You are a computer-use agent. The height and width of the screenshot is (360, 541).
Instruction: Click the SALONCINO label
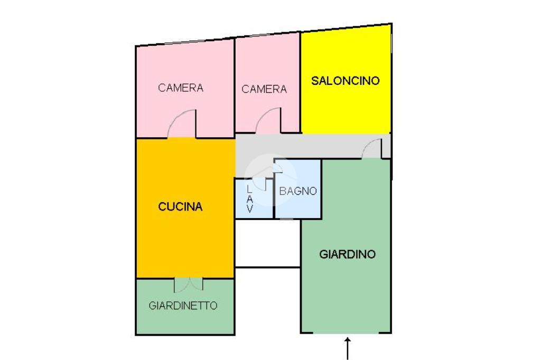click(x=346, y=81)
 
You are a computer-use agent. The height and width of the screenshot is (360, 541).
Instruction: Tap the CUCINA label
click(x=180, y=207)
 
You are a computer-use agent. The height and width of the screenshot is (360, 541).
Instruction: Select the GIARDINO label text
click(x=347, y=254)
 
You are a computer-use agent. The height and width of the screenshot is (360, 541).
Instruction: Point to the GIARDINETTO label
click(x=183, y=305)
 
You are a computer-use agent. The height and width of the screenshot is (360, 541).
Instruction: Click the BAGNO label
click(x=298, y=191)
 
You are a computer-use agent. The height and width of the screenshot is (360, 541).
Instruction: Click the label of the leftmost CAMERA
click(x=181, y=88)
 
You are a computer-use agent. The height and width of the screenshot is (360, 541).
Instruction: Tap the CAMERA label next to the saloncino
click(x=264, y=89)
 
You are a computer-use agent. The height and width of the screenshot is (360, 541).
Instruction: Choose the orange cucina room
click(x=185, y=238)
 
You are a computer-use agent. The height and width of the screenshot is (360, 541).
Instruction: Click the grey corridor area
click(x=317, y=145)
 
